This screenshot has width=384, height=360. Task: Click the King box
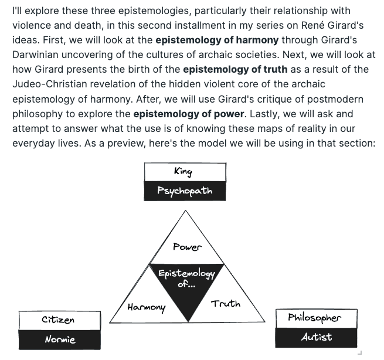coord(185,172)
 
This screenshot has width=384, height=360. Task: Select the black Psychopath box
coord(185,191)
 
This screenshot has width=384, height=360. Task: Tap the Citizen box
coord(58,320)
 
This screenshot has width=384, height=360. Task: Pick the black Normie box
coord(58,339)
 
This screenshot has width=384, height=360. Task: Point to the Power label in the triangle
coord(187,247)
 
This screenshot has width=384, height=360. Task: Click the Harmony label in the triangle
coord(147,307)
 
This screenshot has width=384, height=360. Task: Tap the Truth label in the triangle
coord(226,303)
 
